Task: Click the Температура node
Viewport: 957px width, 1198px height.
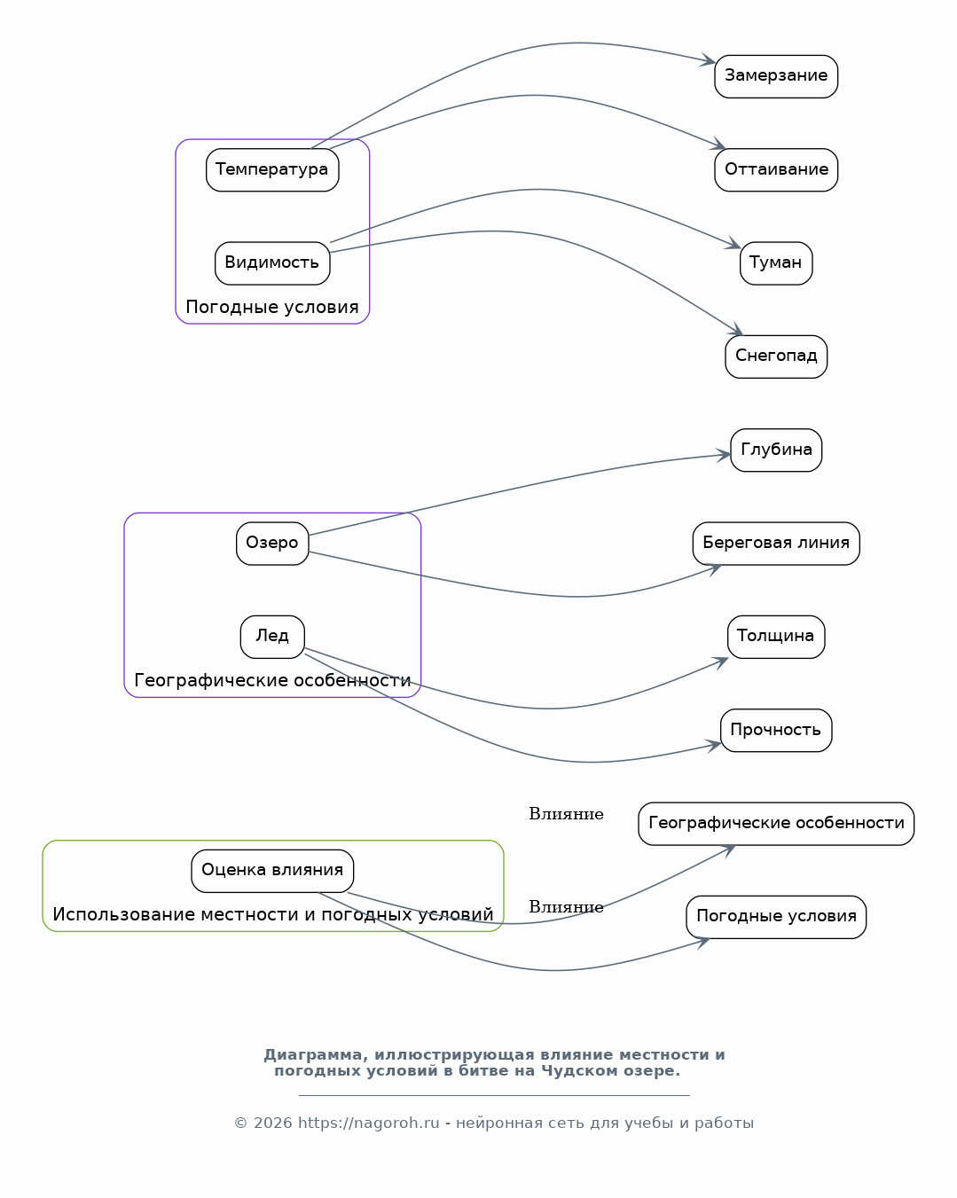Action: point(272,169)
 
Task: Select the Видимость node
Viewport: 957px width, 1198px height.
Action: point(272,263)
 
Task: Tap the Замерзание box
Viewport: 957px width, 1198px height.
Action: point(776,76)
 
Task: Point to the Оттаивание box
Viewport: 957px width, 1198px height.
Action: point(776,169)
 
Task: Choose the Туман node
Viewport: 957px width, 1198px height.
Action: point(776,263)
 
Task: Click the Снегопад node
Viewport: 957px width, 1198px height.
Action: point(776,356)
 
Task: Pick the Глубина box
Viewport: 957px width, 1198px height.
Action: point(776,450)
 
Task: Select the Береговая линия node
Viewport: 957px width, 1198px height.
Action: point(776,544)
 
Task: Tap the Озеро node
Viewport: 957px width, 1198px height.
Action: point(272,544)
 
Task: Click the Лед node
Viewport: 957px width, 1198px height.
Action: point(272,637)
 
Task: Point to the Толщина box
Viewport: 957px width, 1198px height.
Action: point(776,637)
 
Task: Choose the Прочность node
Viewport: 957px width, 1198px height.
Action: point(776,731)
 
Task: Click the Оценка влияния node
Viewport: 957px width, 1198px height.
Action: point(272,871)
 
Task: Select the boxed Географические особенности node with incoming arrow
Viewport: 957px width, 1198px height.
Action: point(776,824)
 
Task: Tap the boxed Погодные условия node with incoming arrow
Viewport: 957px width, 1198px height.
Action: point(776,918)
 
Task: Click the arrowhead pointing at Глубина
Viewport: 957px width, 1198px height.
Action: point(724,456)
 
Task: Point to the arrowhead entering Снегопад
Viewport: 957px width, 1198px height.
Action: point(736,330)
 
